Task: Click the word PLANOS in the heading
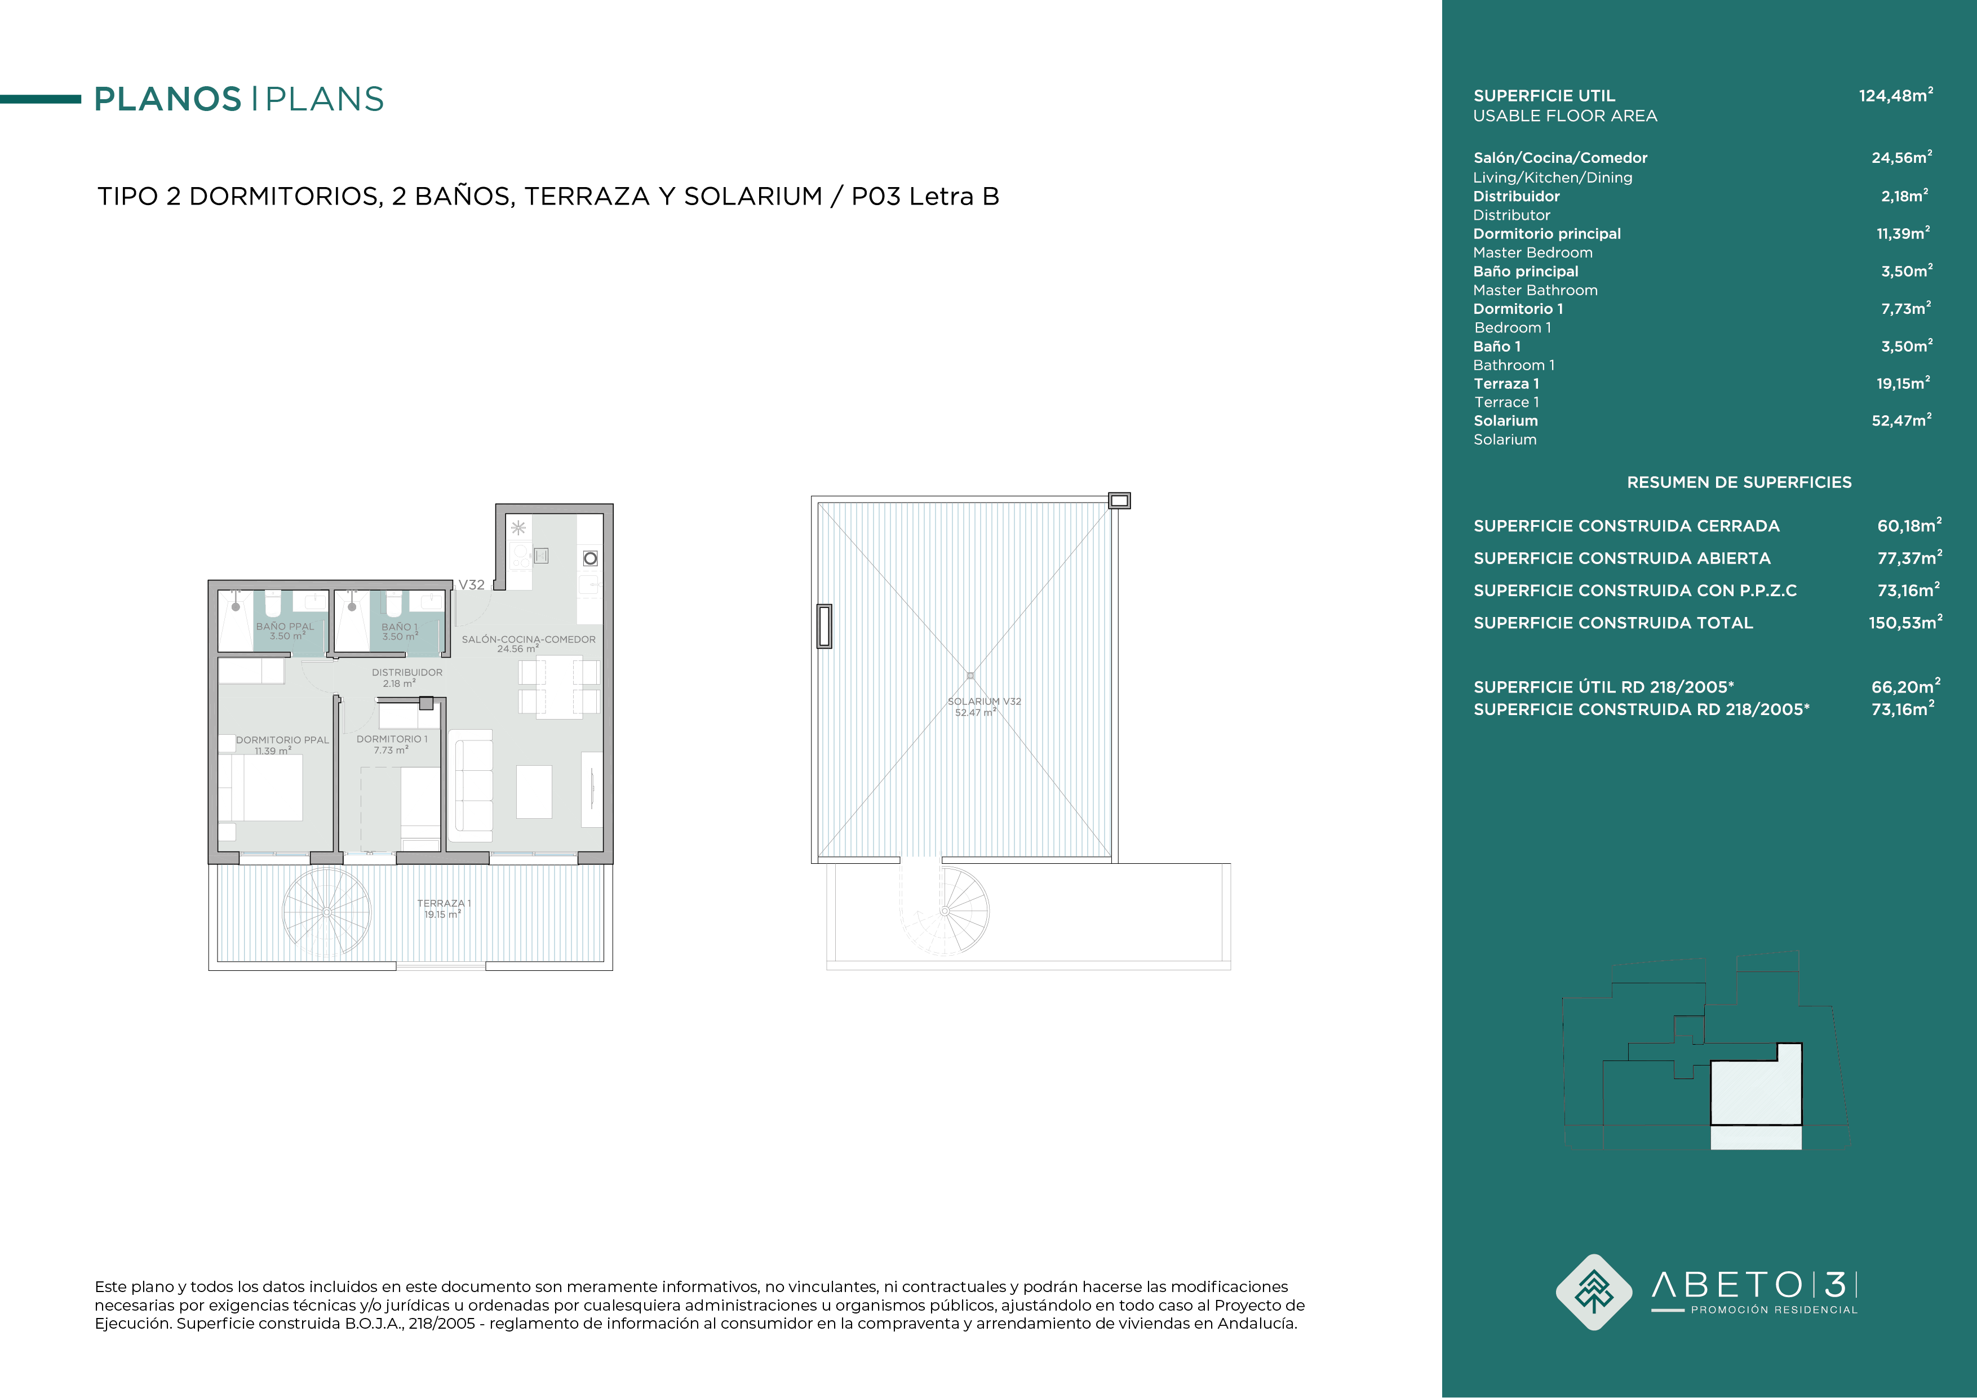[168, 99]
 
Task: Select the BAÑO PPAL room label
[285, 627]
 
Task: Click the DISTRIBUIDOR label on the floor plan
[407, 672]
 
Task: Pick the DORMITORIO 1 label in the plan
[392, 739]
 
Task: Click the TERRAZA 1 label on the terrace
[444, 903]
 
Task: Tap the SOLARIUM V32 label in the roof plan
[984, 702]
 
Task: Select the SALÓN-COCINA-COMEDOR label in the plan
[529, 640]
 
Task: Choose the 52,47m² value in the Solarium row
[1901, 420]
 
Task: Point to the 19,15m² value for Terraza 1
[1903, 383]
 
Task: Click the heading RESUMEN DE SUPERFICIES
[1739, 483]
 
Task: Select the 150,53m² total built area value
[1905, 623]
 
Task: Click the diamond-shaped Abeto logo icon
[1594, 1292]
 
